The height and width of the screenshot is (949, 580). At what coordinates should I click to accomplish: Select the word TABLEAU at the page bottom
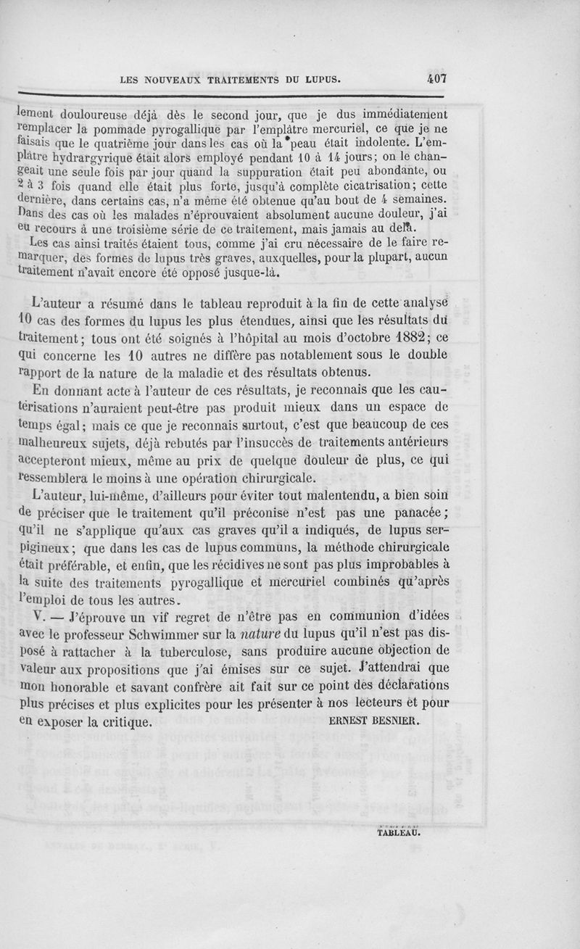[399, 832]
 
